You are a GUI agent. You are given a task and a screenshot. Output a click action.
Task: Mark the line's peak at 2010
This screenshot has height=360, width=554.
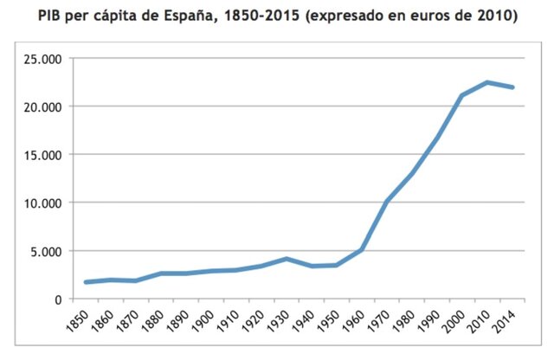pyautogui.click(x=487, y=82)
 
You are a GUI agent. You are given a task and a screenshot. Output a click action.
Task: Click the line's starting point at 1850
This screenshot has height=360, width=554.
pyautogui.click(x=87, y=282)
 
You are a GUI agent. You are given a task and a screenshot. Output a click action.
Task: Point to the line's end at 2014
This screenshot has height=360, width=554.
pyautogui.click(x=512, y=87)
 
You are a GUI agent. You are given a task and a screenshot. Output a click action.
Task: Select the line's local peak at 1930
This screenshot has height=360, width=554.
pyautogui.click(x=287, y=259)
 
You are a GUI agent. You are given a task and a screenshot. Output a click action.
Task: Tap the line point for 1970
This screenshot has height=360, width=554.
pyautogui.click(x=387, y=202)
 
